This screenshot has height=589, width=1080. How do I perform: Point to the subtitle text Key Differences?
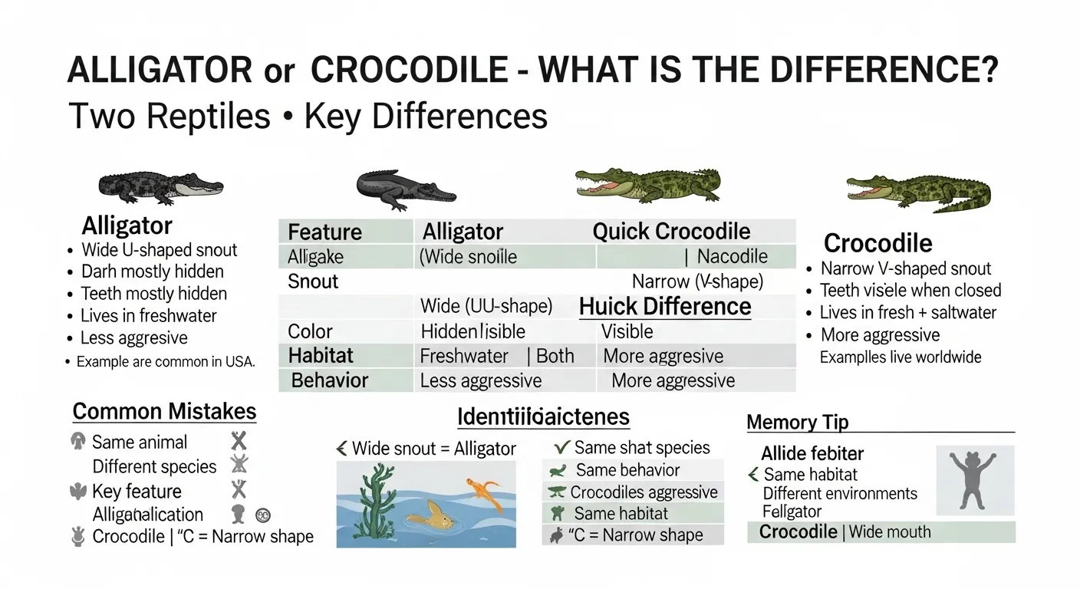pos(426,117)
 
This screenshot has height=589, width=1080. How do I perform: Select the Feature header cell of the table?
pos(324,232)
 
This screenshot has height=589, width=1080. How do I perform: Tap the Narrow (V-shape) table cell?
pos(697,281)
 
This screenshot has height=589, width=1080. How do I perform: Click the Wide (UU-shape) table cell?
pos(486,307)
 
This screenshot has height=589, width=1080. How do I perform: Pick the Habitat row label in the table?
pos(321,356)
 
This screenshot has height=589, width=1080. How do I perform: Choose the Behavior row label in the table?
pos(329,380)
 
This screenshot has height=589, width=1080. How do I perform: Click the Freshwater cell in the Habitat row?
pos(464,356)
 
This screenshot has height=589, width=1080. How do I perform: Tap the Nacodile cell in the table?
pos(732,256)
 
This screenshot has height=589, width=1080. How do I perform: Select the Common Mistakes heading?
pos(164,411)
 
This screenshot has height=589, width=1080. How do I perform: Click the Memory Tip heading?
pos(797,423)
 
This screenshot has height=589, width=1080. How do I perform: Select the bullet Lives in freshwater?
pos(148,315)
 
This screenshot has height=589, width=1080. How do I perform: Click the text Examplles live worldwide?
pos(900,357)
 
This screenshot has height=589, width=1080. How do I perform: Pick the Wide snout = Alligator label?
pos(433,449)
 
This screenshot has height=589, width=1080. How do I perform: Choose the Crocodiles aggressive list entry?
pos(644,492)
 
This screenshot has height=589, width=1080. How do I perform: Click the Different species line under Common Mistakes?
pos(154,466)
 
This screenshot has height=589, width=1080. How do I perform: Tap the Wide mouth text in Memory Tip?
pos(890,531)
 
